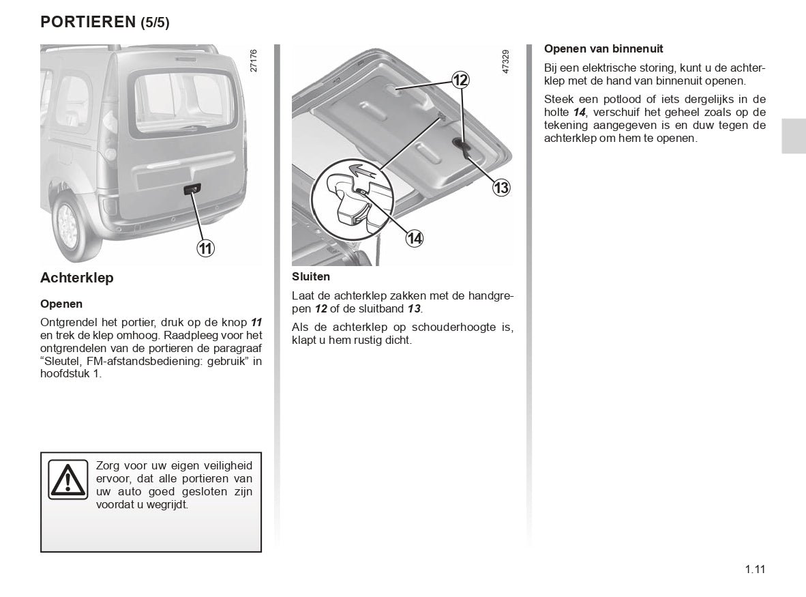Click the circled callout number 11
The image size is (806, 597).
[205, 248]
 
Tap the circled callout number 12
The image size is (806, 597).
[460, 81]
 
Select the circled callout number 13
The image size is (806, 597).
[501, 188]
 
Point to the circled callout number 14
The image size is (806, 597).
[414, 238]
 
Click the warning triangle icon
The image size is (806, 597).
[68, 479]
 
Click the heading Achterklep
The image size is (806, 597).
[77, 278]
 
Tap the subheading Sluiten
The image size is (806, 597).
[311, 277]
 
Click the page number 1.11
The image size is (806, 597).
[755, 570]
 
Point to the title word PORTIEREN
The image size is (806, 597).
[89, 22]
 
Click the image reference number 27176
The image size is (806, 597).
[254, 61]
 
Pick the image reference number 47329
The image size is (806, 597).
[505, 61]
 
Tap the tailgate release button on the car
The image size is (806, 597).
[192, 189]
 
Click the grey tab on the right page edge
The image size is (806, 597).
[794, 135]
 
